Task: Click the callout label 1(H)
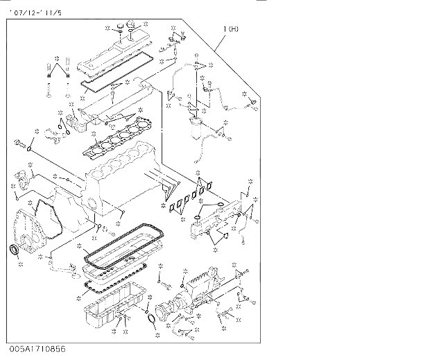pyautogui.click(x=231, y=29)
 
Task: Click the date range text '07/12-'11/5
pyautogui.click(x=35, y=12)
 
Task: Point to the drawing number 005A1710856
pyautogui.click(x=37, y=349)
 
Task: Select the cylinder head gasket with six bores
pyautogui.click(x=118, y=137)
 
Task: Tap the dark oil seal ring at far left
pyautogui.click(x=14, y=250)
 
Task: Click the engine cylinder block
pyautogui.click(x=121, y=181)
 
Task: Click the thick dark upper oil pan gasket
pyautogui.click(x=123, y=246)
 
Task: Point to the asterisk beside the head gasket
pyautogui.click(x=94, y=134)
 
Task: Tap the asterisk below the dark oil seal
pyautogui.click(x=21, y=264)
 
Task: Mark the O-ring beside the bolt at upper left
pyautogui.click(x=29, y=149)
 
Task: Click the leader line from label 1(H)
pyautogui.click(x=221, y=42)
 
